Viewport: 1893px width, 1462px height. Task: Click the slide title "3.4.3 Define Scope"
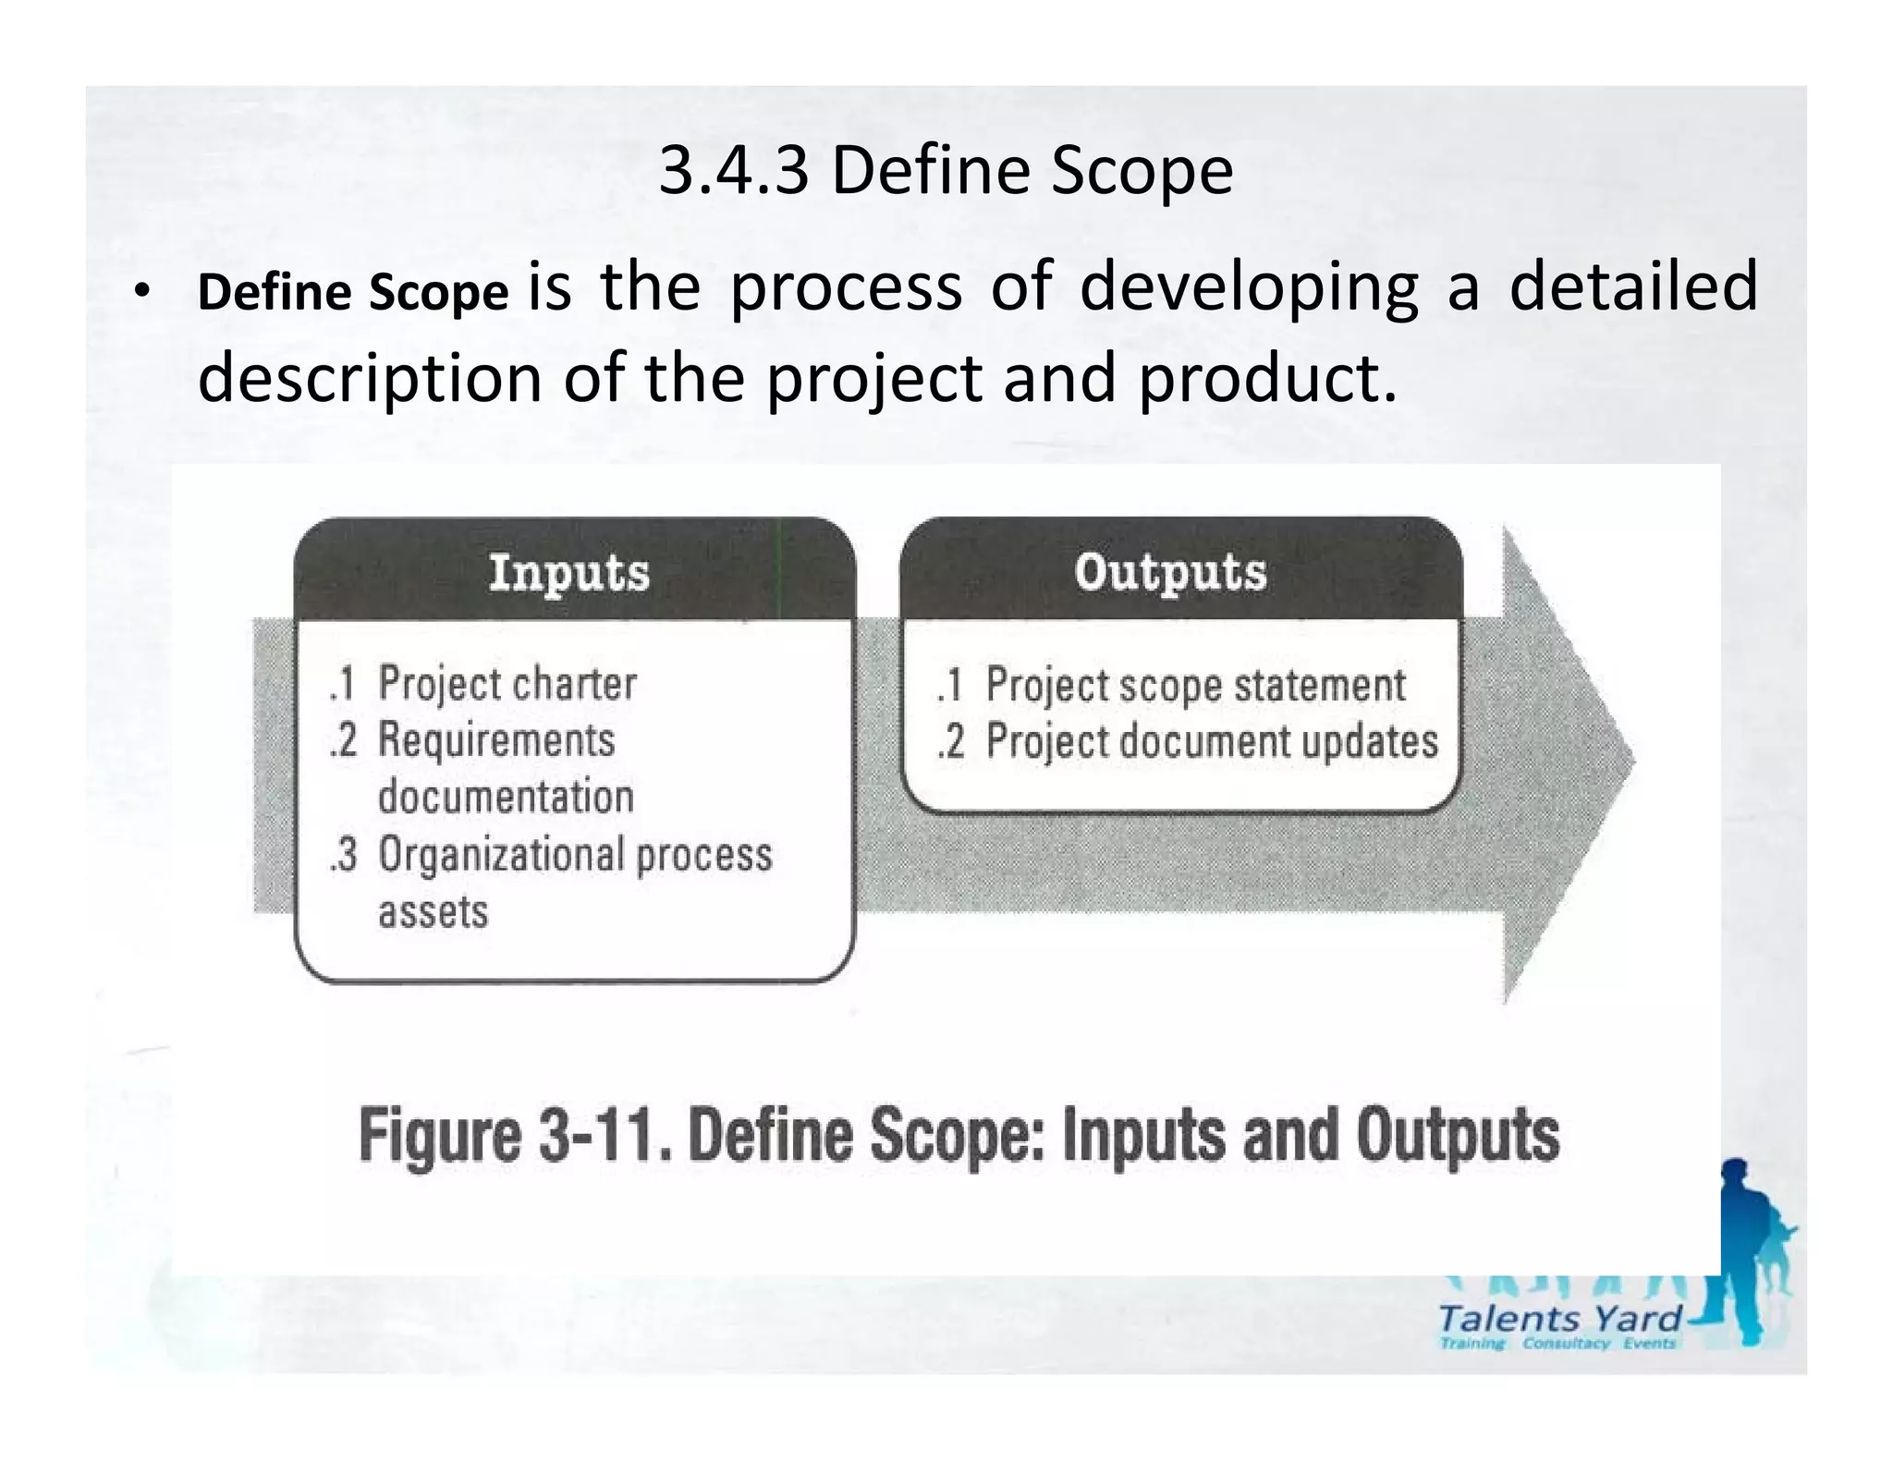[x=946, y=172]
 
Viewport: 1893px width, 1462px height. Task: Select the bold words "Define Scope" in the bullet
[x=353, y=292]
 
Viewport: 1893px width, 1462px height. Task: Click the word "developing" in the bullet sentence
[x=1248, y=288]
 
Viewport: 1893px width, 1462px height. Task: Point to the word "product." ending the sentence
[x=1267, y=379]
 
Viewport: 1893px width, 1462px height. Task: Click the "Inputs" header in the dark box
[x=569, y=572]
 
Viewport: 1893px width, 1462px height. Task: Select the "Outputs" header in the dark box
[x=1170, y=572]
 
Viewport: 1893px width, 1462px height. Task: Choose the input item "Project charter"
[x=507, y=684]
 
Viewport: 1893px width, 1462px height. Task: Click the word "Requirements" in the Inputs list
[x=496, y=740]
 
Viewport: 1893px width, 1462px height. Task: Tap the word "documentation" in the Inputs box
[x=506, y=797]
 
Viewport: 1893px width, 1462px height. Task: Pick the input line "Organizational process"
[x=575, y=855]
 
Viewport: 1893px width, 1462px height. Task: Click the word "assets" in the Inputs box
[x=433, y=912]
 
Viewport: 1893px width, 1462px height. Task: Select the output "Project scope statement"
[x=1195, y=685]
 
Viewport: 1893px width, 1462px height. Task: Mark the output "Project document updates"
[x=1212, y=741]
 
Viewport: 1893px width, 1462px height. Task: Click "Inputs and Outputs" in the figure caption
[x=1311, y=1136]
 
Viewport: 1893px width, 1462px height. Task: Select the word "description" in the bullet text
[x=370, y=379]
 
